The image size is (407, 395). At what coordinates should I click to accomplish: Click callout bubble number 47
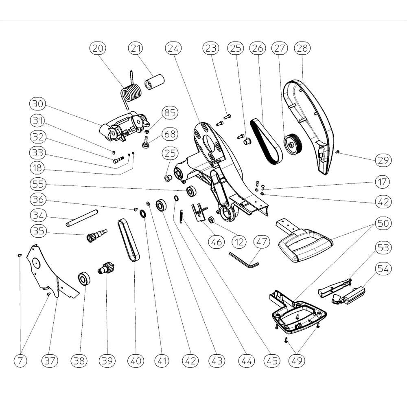pyautogui.click(x=262, y=242)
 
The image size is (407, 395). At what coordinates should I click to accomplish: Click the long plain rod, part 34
pyautogui.click(x=83, y=218)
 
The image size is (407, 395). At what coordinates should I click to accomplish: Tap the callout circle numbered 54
pyautogui.click(x=383, y=269)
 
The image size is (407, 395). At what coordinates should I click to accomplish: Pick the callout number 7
pyautogui.click(x=20, y=360)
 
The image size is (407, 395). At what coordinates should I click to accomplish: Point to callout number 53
pyautogui.click(x=383, y=247)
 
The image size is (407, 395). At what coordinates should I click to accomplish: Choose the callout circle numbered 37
pyautogui.click(x=50, y=360)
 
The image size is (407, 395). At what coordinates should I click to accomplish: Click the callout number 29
pyautogui.click(x=383, y=160)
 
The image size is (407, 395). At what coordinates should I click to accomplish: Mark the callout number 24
pyautogui.click(x=174, y=48)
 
